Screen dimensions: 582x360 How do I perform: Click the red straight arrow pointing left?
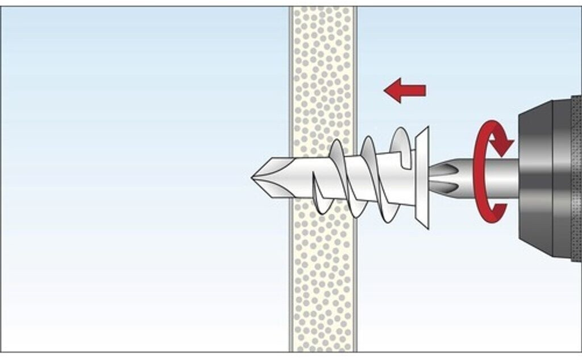pos(405,90)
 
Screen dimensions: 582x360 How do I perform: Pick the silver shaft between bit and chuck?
pos(500,177)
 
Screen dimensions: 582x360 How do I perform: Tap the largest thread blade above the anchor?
pos(401,140)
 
